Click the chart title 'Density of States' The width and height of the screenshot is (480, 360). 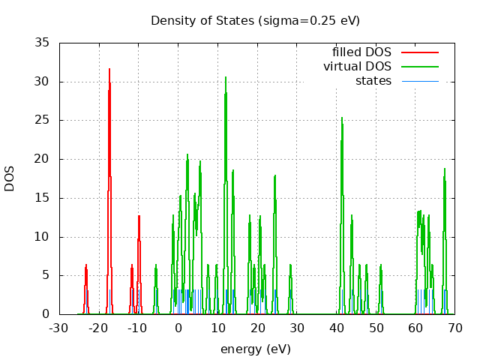(x=255, y=20)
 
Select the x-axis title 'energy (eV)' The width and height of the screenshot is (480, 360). (x=255, y=349)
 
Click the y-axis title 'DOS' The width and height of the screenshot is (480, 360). (x=10, y=178)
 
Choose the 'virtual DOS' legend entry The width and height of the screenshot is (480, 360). (x=358, y=67)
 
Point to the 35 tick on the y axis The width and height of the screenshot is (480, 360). (x=42, y=43)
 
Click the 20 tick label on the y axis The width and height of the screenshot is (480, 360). (x=42, y=159)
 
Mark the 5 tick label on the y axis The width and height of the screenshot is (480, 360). (x=45, y=275)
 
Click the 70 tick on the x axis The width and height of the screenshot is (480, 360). (x=454, y=328)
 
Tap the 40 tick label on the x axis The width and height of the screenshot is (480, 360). (x=336, y=328)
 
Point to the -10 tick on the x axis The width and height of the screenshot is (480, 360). (x=138, y=328)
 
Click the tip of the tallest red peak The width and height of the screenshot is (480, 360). (x=109, y=69)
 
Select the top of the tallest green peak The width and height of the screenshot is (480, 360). (x=226, y=76)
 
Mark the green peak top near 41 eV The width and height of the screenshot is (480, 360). (x=342, y=117)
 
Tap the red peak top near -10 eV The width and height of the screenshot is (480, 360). (x=139, y=216)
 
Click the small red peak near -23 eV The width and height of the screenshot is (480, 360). (x=86, y=265)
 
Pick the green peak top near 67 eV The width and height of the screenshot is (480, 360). (x=445, y=168)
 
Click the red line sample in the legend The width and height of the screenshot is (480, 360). (x=419, y=52)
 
